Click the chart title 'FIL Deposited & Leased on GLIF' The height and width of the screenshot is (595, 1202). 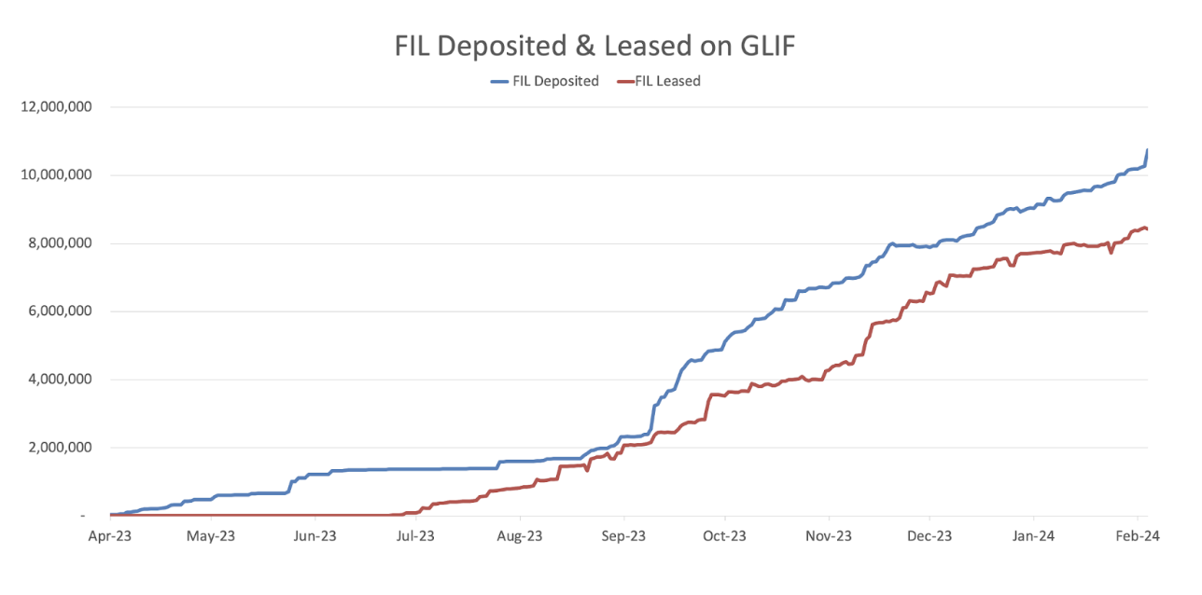tap(594, 46)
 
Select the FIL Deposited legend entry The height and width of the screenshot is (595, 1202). tap(545, 81)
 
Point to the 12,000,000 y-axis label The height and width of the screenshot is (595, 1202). tap(56, 107)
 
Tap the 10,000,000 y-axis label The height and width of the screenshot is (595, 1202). tap(56, 175)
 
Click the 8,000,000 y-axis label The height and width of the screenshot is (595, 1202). tap(60, 243)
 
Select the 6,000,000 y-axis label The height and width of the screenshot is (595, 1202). tap(60, 311)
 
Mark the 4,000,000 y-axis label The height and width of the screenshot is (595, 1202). tap(60, 380)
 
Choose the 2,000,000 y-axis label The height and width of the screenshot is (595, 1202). tap(60, 448)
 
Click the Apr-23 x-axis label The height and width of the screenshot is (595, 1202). tap(109, 536)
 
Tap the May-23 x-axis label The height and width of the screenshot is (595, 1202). tap(212, 536)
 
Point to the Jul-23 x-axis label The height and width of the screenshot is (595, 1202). tap(415, 536)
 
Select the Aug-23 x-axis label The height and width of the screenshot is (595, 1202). tap(520, 536)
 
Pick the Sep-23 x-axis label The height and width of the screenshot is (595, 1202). tap(623, 536)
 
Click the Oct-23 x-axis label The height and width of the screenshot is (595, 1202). tap(724, 536)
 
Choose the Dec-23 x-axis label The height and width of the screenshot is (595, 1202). tap(929, 536)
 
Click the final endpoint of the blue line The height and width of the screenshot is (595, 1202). tap(1147, 150)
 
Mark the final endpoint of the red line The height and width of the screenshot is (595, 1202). tap(1147, 228)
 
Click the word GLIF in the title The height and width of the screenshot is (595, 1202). tap(763, 46)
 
